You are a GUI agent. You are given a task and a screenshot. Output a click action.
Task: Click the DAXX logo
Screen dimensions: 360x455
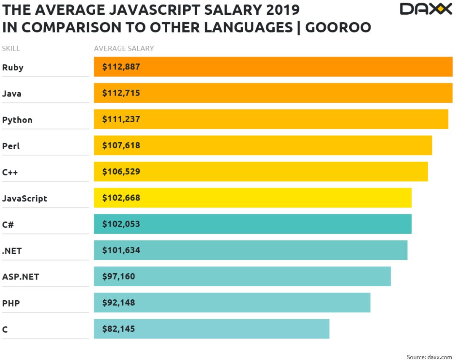426,9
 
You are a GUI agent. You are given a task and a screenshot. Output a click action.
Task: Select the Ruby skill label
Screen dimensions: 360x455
13,67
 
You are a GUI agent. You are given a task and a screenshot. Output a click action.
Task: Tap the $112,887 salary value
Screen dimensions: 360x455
121,67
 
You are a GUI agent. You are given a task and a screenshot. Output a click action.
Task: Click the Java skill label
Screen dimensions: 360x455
12,93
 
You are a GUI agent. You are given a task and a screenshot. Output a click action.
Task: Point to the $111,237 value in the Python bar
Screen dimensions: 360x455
121,119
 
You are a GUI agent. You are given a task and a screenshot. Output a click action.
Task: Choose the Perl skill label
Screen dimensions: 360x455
11,146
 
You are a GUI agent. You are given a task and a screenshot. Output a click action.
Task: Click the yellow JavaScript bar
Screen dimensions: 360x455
253,198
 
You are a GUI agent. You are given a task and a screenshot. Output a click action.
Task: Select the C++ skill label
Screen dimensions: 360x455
10,172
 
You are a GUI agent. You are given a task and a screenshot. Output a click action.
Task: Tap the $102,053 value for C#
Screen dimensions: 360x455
121,224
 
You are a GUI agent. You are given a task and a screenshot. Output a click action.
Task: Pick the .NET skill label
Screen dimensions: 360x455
12,251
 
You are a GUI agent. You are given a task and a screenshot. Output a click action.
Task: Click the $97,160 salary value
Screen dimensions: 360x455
118,276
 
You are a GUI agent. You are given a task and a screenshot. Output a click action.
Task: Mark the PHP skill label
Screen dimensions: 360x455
11,303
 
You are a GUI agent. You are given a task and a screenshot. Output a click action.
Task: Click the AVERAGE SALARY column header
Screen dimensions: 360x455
124,48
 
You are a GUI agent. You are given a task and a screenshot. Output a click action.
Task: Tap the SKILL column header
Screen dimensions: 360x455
11,48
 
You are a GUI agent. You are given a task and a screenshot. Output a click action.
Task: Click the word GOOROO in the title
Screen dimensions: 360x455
338,27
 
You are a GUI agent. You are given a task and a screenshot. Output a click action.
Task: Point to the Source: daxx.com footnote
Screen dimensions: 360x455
429,357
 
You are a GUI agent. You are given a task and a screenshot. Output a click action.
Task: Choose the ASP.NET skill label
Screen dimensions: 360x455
21,277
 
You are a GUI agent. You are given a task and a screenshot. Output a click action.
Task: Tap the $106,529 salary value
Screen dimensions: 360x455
121,171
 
